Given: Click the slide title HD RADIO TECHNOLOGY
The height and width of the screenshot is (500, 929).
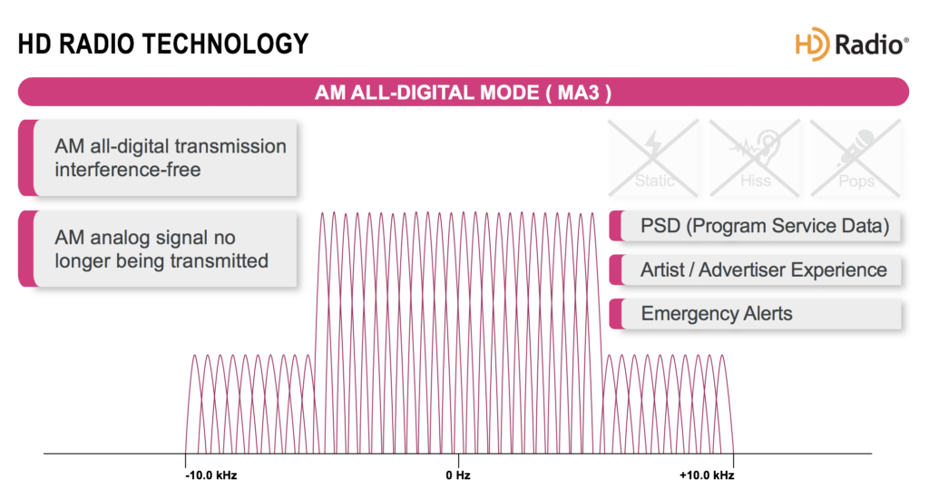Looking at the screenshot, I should point(163,43).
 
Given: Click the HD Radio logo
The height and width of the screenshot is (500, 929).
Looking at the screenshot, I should point(851,44).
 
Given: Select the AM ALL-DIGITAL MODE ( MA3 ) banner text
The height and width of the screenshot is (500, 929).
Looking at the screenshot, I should point(463,93).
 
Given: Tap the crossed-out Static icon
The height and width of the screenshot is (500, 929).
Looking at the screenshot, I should point(654,159).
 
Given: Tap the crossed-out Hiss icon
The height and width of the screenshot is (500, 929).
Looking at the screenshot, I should point(755,159).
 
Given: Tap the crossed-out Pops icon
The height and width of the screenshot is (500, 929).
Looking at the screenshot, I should point(856,159).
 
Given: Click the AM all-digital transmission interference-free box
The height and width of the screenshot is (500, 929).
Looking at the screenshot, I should point(159,158).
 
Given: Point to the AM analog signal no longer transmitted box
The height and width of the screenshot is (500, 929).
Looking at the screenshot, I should point(159,250).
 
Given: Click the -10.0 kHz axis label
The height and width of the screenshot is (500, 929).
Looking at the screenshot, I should point(211,475).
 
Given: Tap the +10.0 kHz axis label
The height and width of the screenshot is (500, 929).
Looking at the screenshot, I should point(706,475).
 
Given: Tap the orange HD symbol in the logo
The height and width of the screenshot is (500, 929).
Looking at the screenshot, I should point(813,44).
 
